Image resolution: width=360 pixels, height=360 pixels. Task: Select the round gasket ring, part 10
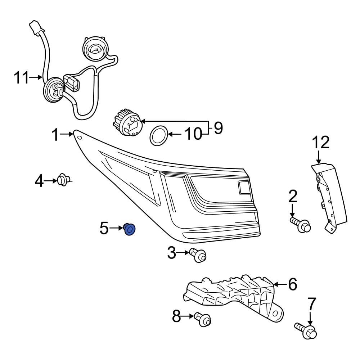pyautogui.click(x=158, y=136)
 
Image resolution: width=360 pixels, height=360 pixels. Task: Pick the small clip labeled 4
pyautogui.click(x=64, y=180)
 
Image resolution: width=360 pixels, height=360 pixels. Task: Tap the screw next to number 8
pyautogui.click(x=202, y=318)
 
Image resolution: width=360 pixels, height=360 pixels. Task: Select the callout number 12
pyautogui.click(x=320, y=143)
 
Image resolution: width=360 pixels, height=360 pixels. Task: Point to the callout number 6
pyautogui.click(x=292, y=284)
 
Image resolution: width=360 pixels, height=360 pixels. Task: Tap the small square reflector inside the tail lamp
pyautogui.click(x=244, y=188)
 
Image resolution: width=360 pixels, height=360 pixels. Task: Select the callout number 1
pyautogui.click(x=55, y=135)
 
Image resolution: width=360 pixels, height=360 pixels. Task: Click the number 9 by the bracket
pyautogui.click(x=218, y=128)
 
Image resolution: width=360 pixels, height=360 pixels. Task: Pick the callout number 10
pyautogui.click(x=193, y=134)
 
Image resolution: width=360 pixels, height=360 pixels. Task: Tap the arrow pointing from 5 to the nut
pyautogui.click(x=116, y=228)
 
